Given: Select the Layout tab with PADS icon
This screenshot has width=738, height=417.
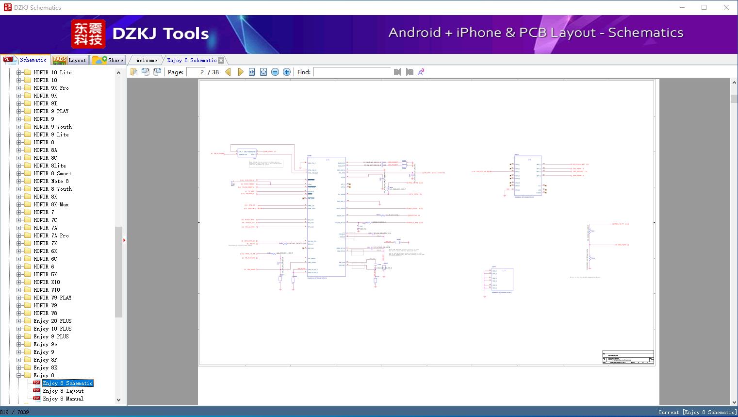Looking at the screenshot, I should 69,60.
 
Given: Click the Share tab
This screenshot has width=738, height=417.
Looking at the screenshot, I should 109,60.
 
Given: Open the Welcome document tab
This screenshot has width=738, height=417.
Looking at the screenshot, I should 147,60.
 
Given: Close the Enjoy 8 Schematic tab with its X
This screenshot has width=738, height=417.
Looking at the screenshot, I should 221,61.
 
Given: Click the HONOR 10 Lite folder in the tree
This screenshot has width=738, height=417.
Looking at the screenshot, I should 52,72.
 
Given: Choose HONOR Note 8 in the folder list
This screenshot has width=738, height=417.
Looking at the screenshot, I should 51,181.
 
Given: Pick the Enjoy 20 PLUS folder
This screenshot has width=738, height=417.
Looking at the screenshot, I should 52,321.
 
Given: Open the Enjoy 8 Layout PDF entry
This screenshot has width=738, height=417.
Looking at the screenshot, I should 63,391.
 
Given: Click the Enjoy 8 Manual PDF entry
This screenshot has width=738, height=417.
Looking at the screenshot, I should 63,399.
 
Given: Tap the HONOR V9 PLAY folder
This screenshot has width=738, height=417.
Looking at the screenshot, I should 52,298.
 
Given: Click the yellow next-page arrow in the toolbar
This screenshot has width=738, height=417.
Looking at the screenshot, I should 241,72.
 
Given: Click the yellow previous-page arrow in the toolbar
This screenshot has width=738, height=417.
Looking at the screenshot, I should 228,72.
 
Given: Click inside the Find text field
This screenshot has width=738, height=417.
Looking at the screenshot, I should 352,72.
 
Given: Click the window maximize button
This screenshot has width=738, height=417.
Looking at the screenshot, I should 704,7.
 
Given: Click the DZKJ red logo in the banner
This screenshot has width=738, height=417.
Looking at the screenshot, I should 88,34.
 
